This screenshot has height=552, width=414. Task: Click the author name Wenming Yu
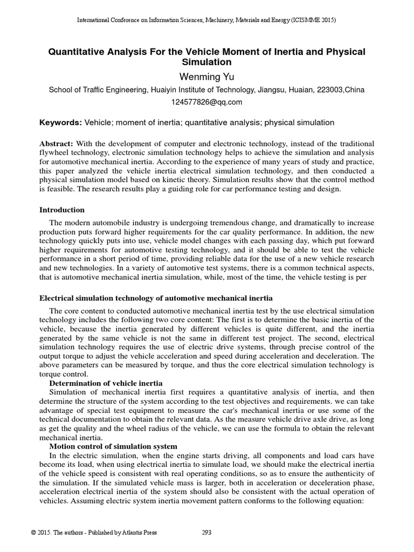click(x=207, y=76)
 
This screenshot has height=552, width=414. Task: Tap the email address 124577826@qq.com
click(x=207, y=102)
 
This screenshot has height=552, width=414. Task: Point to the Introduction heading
click(x=62, y=210)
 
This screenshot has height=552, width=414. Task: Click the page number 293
click(x=206, y=532)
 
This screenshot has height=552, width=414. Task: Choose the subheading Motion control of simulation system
click(x=114, y=447)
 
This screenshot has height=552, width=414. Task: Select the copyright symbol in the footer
click(x=33, y=533)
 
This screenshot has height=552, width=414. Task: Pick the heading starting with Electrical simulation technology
click(x=156, y=298)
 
